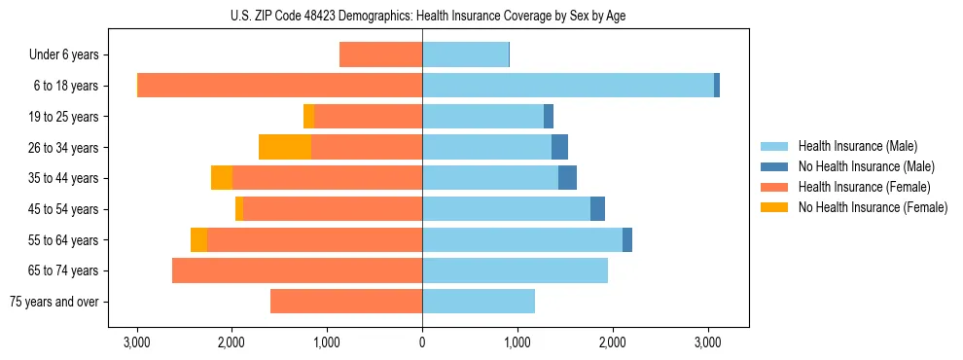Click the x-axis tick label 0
pyautogui.click(x=422, y=342)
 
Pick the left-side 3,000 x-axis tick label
pyautogui.click(x=137, y=342)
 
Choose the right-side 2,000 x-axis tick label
pyautogui.click(x=612, y=342)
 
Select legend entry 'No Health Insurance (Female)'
pyautogui.click(x=873, y=207)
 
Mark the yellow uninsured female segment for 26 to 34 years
pyautogui.click(x=285, y=147)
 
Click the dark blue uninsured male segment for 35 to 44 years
pyautogui.click(x=567, y=178)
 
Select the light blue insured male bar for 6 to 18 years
pyautogui.click(x=568, y=86)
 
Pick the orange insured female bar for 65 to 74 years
pyautogui.click(x=297, y=270)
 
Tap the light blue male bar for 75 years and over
pyautogui.click(x=479, y=302)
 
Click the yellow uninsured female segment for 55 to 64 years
pyautogui.click(x=198, y=239)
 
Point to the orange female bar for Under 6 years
pyautogui.click(x=380, y=54)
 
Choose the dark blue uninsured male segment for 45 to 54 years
pyautogui.click(x=597, y=209)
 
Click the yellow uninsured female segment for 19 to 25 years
pyautogui.click(x=308, y=117)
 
